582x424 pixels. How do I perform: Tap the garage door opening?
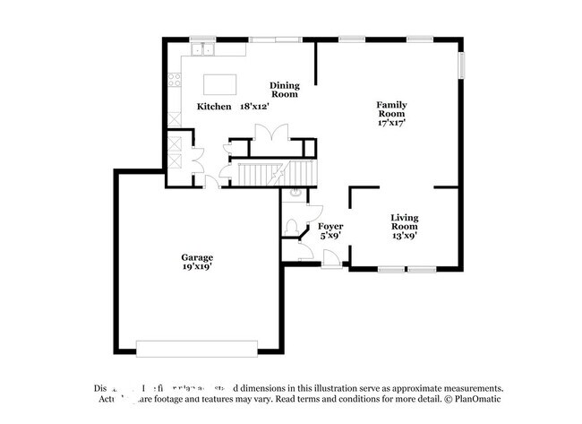click(x=196, y=348)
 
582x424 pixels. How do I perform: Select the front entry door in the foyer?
click(x=331, y=260)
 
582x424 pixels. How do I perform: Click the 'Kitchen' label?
click(x=214, y=107)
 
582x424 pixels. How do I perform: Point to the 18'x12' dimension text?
click(x=254, y=107)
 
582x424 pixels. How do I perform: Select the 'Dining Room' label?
click(x=284, y=90)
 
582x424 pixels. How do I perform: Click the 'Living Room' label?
click(x=405, y=222)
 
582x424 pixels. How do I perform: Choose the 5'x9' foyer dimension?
click(x=330, y=237)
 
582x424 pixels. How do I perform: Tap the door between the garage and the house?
click(x=211, y=182)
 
